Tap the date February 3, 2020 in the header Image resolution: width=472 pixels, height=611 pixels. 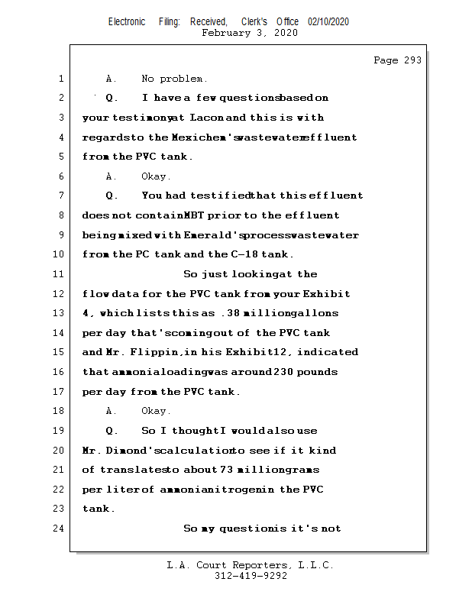click(x=250, y=33)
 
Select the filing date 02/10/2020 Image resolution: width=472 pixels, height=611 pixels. click(x=328, y=22)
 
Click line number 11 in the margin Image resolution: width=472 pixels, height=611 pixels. click(x=60, y=274)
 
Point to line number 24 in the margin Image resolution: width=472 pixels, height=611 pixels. click(x=60, y=529)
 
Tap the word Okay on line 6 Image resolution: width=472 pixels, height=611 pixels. click(x=156, y=176)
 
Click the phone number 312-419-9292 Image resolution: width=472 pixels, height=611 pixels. click(x=251, y=576)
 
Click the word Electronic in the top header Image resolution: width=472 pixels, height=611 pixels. click(x=127, y=22)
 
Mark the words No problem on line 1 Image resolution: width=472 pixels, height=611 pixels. click(x=173, y=79)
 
